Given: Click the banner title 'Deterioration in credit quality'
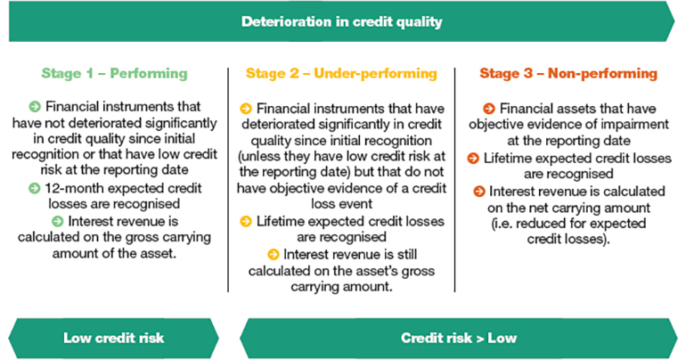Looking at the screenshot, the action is [x=342, y=22].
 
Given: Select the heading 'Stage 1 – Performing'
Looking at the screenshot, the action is [x=114, y=73].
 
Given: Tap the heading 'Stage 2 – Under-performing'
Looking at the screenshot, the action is [x=341, y=73].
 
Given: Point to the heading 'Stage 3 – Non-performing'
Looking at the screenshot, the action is [x=568, y=73].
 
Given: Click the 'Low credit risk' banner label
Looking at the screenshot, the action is [x=114, y=338].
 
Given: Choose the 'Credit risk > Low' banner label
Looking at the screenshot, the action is [x=459, y=338].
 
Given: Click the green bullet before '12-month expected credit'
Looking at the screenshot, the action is [x=34, y=189].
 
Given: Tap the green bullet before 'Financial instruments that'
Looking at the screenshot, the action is [x=35, y=106].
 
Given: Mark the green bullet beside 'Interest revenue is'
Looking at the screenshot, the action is [x=57, y=221].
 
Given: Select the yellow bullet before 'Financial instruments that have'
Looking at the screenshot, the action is [x=246, y=109].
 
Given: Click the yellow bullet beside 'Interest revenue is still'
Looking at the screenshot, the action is [x=273, y=255].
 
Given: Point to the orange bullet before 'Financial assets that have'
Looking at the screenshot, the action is [x=489, y=109].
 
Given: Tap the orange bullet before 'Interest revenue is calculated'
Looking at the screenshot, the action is [x=479, y=192].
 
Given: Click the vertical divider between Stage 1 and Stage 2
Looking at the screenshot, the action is [x=228, y=180].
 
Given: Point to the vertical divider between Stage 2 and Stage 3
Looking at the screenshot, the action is [x=455, y=180].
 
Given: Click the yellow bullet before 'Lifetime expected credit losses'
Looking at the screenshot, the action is [x=246, y=221].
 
